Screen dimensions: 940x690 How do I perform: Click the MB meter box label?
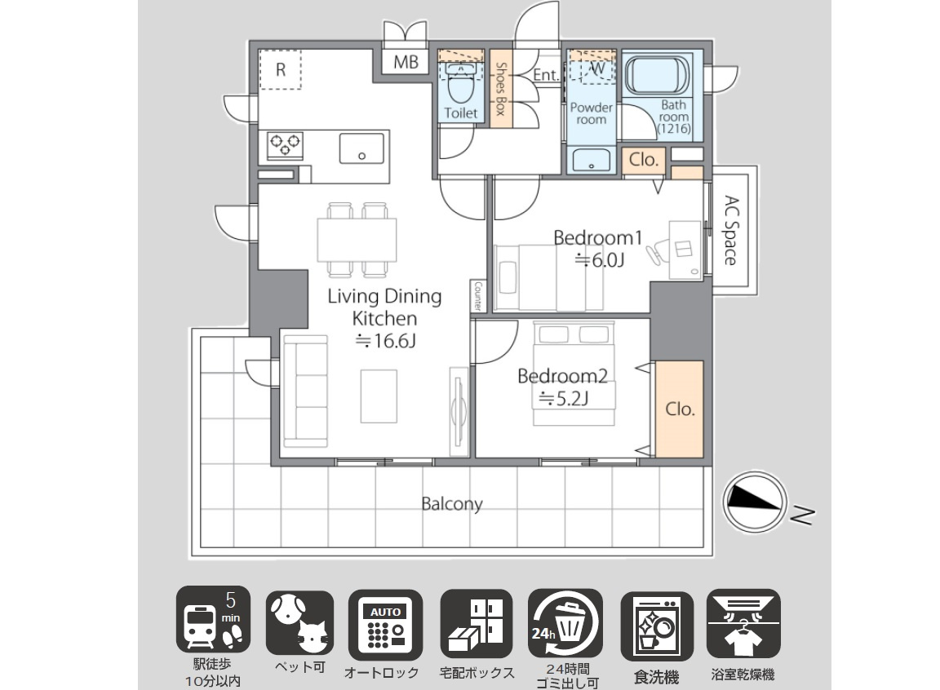(x=406, y=62)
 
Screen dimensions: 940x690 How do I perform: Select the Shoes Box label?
(x=501, y=89)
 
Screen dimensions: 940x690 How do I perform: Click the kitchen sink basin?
(x=361, y=148)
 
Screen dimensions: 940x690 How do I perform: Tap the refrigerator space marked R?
(x=280, y=69)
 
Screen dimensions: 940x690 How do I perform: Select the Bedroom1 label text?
(x=597, y=238)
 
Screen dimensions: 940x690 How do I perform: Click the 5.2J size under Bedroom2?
(x=564, y=398)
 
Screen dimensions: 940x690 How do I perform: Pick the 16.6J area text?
(x=385, y=341)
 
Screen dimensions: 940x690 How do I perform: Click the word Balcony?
(x=452, y=504)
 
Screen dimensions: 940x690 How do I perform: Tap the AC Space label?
(x=731, y=231)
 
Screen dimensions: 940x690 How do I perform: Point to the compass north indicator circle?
(x=755, y=502)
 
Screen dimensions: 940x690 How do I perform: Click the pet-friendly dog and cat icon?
(x=299, y=623)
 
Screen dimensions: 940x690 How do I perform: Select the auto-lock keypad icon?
(x=385, y=623)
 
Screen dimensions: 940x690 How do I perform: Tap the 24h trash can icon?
(x=565, y=623)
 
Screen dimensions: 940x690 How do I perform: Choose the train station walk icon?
(x=213, y=619)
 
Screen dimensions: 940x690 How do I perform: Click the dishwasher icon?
(x=656, y=626)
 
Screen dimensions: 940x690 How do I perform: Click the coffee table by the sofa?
(x=379, y=396)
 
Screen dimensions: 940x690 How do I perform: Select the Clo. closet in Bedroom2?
(x=680, y=409)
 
